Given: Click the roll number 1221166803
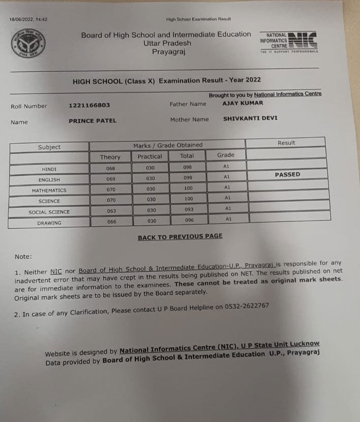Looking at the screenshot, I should coord(89,105).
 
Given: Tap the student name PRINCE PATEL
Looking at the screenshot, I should coord(93,121).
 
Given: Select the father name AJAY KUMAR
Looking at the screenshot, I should coord(243,103).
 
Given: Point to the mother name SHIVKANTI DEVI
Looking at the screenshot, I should coord(250,118).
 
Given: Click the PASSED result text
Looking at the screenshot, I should coord(287,175).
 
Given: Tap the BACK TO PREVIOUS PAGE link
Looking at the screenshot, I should coord(180,237).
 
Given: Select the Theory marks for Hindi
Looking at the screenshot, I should coord(111,168).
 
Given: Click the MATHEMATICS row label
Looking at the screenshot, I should coord(49,190).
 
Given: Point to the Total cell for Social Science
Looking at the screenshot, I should coord(188,210).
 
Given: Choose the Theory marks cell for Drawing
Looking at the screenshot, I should coord(111,221).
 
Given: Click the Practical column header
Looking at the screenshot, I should coord(150,157).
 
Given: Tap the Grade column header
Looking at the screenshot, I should coord(226,155).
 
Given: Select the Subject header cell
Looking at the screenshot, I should coord(49,147).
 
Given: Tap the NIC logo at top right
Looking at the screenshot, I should coord(289,41).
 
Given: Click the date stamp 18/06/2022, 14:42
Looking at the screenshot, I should coord(28,20).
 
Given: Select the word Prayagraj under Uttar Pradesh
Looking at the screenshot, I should coord(167,52).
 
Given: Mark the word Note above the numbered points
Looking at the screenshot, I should coord(23,257).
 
